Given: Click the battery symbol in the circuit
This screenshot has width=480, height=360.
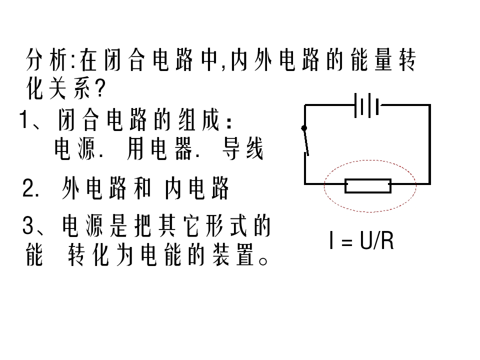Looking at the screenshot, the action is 366,105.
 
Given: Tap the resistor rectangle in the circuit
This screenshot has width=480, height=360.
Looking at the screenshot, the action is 368,186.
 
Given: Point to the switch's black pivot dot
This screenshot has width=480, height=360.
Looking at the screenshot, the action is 304,128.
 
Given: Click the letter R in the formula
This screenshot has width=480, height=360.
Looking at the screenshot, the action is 387,241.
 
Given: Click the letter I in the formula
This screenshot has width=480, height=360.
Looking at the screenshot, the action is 331,240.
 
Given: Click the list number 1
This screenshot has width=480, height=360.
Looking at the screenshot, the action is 24,119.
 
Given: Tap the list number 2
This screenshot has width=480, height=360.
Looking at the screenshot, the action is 28,188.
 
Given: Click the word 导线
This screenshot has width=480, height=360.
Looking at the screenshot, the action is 243,149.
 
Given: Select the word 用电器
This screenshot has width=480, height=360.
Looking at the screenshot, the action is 159,149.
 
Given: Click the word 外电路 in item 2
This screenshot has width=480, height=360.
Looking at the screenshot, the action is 94,188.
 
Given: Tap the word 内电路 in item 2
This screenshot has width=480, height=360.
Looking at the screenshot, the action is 197,188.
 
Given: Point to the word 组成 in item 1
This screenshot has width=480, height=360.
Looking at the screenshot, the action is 199,119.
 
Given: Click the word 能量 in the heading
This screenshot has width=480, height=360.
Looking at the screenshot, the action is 371,59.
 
